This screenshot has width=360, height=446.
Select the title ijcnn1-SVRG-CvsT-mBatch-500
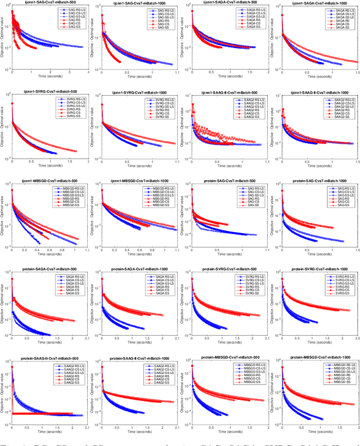[x=49, y=93]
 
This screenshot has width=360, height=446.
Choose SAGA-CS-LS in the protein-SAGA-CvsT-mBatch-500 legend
[x=74, y=282]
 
